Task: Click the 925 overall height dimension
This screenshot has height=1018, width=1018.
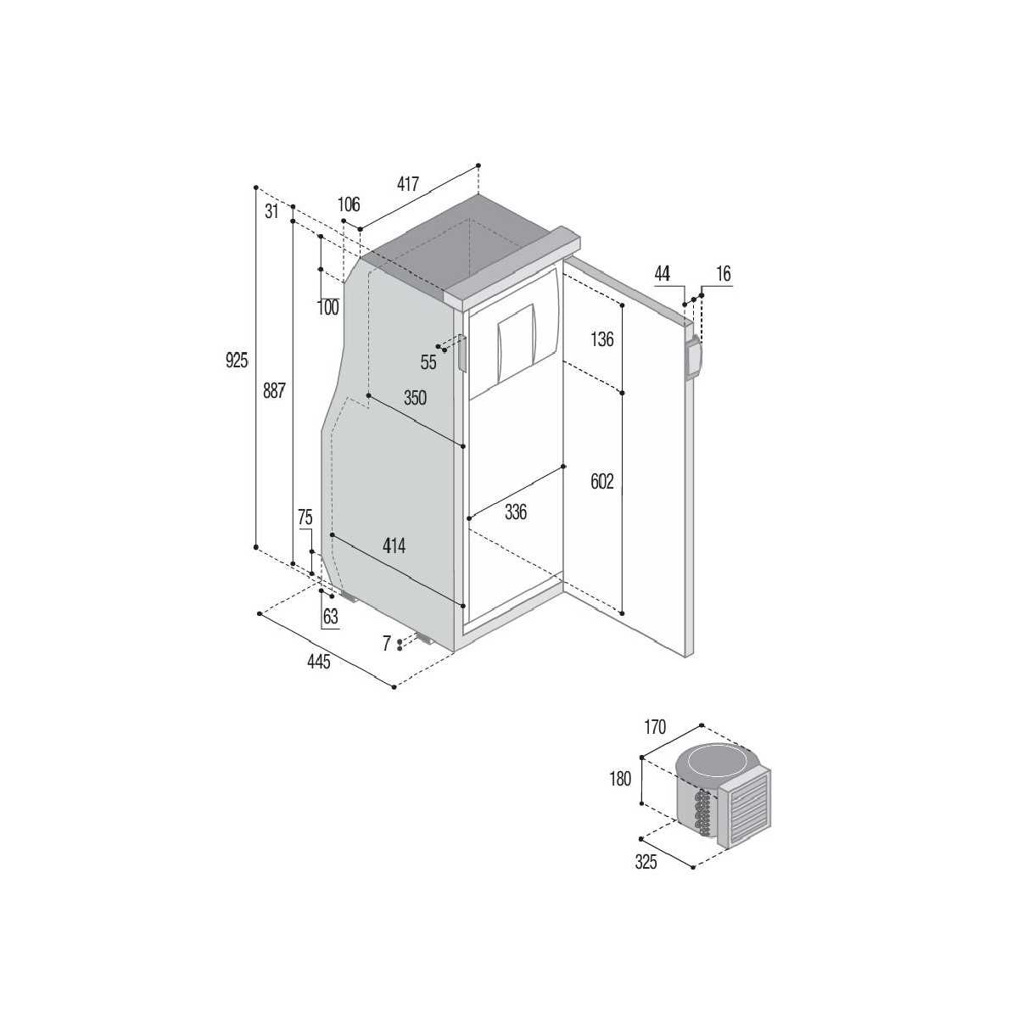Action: pyautogui.click(x=236, y=361)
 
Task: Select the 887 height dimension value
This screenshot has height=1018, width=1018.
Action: pyautogui.click(x=274, y=391)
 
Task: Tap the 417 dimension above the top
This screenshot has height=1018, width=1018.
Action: pyautogui.click(x=408, y=184)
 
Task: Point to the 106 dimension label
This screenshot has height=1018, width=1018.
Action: pyautogui.click(x=349, y=204)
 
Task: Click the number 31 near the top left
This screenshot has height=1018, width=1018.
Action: pyautogui.click(x=271, y=212)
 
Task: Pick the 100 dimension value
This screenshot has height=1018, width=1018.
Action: pyautogui.click(x=327, y=307)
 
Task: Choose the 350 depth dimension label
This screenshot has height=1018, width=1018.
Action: pyautogui.click(x=415, y=398)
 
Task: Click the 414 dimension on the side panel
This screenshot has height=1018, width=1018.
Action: pyautogui.click(x=394, y=545)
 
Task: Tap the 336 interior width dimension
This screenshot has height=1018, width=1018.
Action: pyautogui.click(x=516, y=512)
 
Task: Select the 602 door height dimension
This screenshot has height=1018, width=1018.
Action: pyautogui.click(x=602, y=482)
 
